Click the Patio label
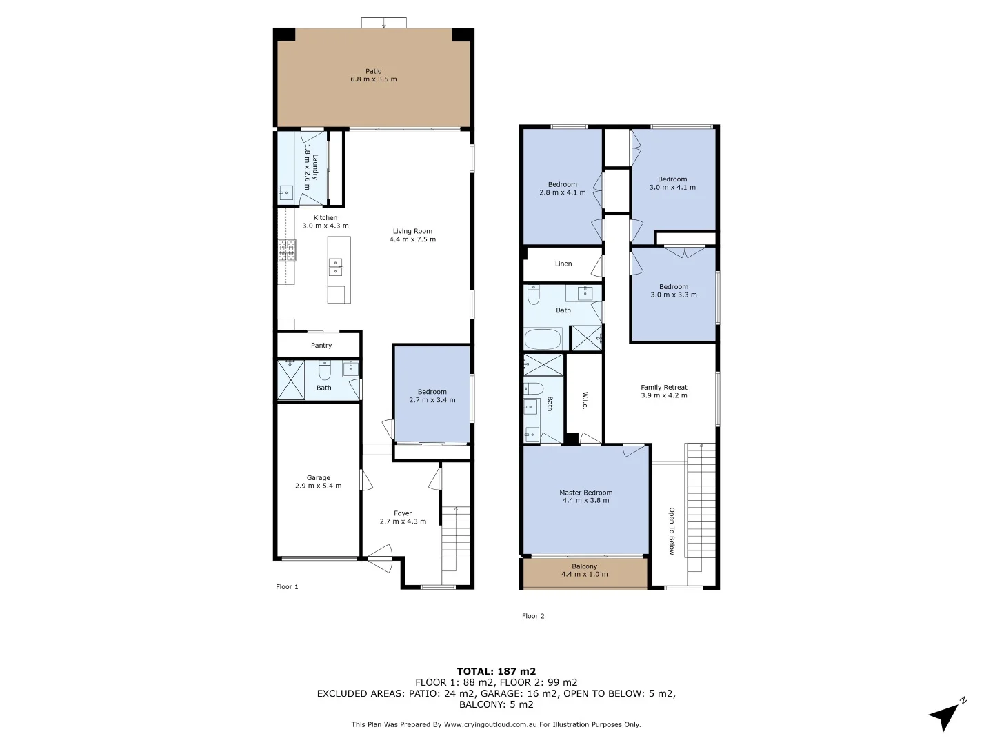373,71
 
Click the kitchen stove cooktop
286,250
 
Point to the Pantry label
321,345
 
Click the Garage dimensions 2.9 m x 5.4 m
318,486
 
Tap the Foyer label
403,513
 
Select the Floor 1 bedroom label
432,392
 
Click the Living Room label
412,231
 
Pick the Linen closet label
563,264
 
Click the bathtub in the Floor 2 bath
543,340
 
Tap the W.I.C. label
584,401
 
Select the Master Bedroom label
585,493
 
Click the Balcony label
584,566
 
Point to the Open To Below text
671,531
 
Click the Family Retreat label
663,387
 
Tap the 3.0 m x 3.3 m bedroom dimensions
673,295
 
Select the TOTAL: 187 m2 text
496,670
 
